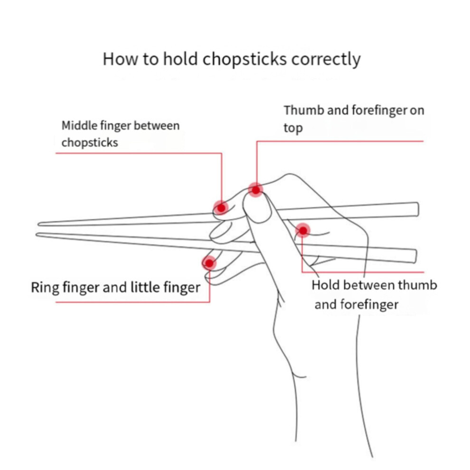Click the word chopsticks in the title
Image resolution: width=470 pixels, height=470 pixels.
click(244, 59)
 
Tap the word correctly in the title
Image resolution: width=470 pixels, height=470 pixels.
click(326, 59)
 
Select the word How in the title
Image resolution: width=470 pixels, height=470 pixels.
click(120, 59)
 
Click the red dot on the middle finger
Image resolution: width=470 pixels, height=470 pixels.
click(221, 208)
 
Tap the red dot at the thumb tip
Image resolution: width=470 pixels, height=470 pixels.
click(256, 190)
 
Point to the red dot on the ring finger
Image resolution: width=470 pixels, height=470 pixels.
click(209, 263)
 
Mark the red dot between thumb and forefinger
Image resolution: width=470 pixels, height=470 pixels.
click(303, 231)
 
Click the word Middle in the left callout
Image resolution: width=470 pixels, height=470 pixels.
click(79, 125)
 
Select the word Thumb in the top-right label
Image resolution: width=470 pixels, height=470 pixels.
click(304, 110)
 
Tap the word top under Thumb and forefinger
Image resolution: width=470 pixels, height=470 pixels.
click(293, 128)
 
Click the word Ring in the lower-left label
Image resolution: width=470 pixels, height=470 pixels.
click(45, 287)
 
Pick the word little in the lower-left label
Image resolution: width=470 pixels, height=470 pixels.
click(145, 287)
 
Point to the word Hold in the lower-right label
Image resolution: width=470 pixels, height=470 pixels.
click(326, 285)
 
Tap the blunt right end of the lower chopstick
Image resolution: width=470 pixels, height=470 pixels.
click(415, 256)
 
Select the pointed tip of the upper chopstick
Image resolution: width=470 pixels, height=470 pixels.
click(38, 224)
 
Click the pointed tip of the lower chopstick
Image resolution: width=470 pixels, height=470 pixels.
click(37, 235)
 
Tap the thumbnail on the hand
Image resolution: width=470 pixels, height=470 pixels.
click(257, 207)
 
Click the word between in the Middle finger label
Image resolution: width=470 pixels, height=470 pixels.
click(157, 125)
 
